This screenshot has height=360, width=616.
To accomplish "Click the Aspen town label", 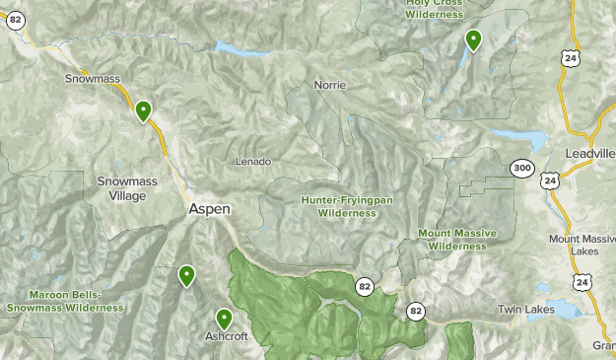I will [209, 210].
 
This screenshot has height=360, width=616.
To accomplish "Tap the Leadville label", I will [589, 154].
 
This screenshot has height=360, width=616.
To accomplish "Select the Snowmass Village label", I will [121, 188].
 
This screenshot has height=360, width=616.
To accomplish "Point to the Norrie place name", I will [330, 85].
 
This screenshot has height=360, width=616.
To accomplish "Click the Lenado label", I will [253, 161].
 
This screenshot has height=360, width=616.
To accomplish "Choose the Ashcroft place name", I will [226, 336].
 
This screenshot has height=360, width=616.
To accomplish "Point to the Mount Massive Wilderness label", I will [457, 239].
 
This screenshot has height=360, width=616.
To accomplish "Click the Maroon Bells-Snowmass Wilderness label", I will [65, 301].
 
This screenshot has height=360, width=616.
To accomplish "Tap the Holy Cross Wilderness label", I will [434, 9].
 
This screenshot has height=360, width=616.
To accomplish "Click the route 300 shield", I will [522, 170].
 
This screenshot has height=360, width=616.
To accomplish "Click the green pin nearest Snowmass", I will [144, 110].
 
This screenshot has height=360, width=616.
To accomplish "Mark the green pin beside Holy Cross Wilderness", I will [473, 40].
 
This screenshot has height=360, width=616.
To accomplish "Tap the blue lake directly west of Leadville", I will [517, 137].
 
